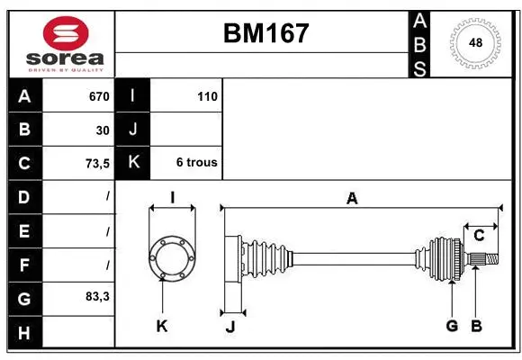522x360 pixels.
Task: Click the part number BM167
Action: [x=265, y=34]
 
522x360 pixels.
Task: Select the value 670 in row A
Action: [x=98, y=96]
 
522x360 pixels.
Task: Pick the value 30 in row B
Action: [x=103, y=130]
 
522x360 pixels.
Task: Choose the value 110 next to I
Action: [x=207, y=96]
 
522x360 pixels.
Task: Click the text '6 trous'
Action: [x=196, y=163]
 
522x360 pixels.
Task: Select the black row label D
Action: [x=24, y=196]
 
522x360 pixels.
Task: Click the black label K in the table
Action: [x=133, y=163]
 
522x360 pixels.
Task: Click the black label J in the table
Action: [x=133, y=130]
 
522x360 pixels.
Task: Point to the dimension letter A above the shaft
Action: [x=353, y=199]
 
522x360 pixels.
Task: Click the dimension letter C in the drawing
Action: [x=479, y=236]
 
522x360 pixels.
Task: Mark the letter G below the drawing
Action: [x=452, y=326]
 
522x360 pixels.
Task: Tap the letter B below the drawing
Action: [x=477, y=326]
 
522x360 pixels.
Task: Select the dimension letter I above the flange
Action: [x=171, y=197]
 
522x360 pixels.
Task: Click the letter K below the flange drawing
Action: [x=162, y=326]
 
